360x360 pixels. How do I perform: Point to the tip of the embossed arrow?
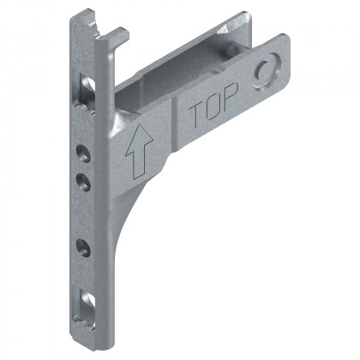coord(134,129)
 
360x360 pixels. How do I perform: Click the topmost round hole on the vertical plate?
coord(83,153)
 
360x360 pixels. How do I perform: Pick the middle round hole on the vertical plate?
coord(83,181)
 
